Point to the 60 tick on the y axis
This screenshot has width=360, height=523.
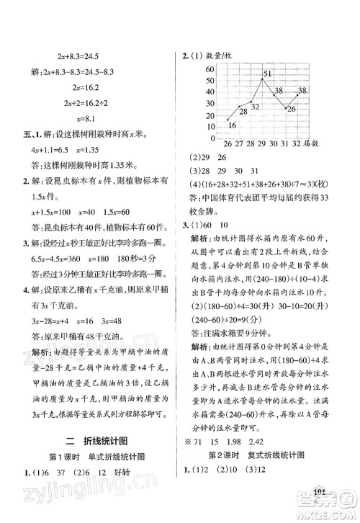pyautogui.click(x=210, y=68)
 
